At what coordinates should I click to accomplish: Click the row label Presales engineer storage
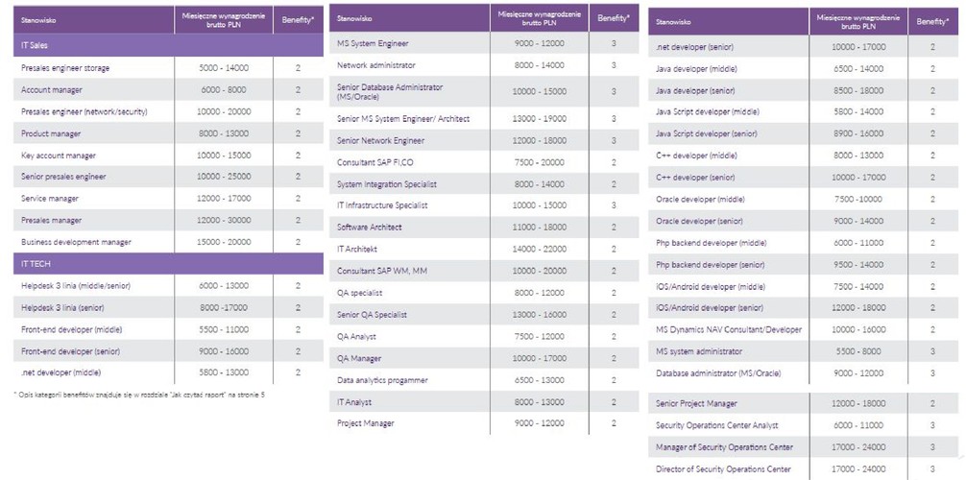(x=65, y=68)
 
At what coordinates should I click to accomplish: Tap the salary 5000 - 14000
(x=223, y=68)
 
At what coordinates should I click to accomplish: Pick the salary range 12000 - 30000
(x=223, y=220)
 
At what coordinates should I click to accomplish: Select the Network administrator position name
(x=376, y=65)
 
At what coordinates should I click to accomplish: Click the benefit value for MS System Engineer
(x=614, y=43)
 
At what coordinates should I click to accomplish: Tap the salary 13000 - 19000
(x=539, y=118)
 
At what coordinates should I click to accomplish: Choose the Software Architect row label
(x=370, y=228)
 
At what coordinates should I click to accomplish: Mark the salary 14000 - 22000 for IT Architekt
(x=539, y=249)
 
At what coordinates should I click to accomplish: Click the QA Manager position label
(x=359, y=358)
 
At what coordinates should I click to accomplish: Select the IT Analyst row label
(x=355, y=402)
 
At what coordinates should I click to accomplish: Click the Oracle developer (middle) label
(x=700, y=200)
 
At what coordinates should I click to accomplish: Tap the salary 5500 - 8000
(x=857, y=351)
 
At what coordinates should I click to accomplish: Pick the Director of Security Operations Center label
(x=723, y=469)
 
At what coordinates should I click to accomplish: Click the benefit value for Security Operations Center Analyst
(x=932, y=425)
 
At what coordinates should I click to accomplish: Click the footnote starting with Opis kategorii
(x=139, y=395)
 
